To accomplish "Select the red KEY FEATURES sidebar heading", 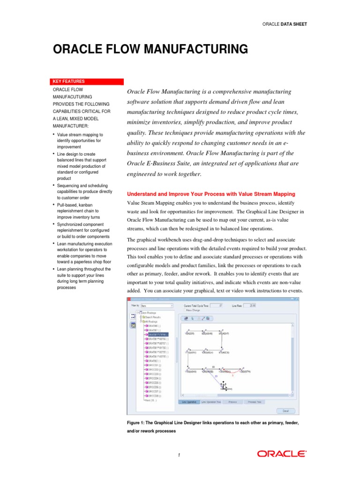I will (68, 82).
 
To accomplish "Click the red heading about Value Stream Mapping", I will (211, 194).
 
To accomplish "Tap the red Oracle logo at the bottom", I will (281, 453).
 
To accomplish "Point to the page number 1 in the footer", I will (179, 454).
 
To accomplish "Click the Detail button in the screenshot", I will (285, 411).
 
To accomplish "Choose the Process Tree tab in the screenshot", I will (255, 402).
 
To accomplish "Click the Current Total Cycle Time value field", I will (217, 305).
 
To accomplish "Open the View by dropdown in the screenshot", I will (157, 306).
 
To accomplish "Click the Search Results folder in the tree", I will (152, 317).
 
